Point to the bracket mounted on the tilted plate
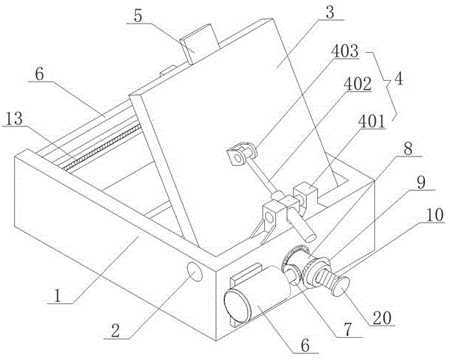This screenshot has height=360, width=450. click(239, 155)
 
